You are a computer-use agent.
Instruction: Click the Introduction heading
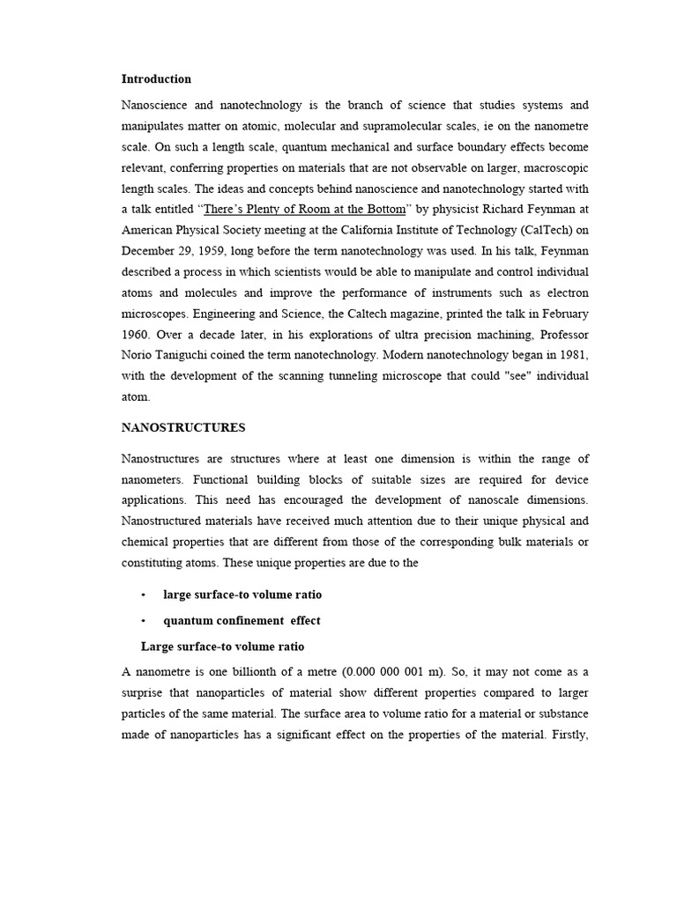click(x=156, y=79)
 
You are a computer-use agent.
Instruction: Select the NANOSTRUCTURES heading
click(x=183, y=428)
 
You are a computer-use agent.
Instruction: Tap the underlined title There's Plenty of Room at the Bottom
click(x=305, y=209)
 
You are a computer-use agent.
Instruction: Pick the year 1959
click(x=216, y=251)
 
